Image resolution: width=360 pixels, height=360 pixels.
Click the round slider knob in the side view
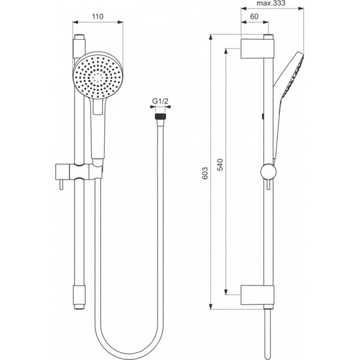coord(267,171)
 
